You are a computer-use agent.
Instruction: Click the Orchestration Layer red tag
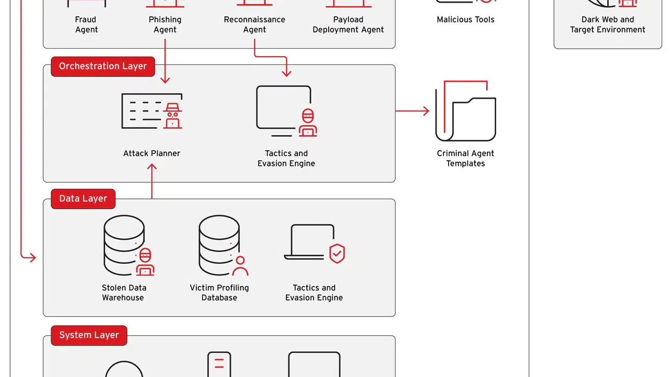coord(103,66)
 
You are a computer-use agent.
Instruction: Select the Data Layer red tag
coord(83,198)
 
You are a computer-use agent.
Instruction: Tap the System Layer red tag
coord(89,336)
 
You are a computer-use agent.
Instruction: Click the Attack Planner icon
coord(152,111)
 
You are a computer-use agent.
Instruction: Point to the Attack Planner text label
coord(152,153)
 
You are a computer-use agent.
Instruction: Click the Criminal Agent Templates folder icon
coord(465,110)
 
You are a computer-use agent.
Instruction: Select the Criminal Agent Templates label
coord(465,158)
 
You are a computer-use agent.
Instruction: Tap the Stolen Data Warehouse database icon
coord(129,246)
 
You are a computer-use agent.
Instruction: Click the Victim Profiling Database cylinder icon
coord(223,246)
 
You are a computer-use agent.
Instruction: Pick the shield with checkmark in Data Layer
coord(337,253)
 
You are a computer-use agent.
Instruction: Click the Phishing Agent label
coord(165,25)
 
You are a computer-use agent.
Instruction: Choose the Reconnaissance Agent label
coord(254,25)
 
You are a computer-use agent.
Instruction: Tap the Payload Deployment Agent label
coord(348,25)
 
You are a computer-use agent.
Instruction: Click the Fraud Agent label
coord(86,25)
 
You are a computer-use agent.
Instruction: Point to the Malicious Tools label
coord(465,20)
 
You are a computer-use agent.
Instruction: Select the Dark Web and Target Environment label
coord(608,25)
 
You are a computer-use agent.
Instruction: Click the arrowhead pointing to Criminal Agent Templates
coord(426,111)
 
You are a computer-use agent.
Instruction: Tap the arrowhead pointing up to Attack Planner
coord(152,167)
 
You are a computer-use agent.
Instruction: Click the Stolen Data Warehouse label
coord(124,293)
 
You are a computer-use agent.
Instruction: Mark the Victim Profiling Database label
coord(219,293)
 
